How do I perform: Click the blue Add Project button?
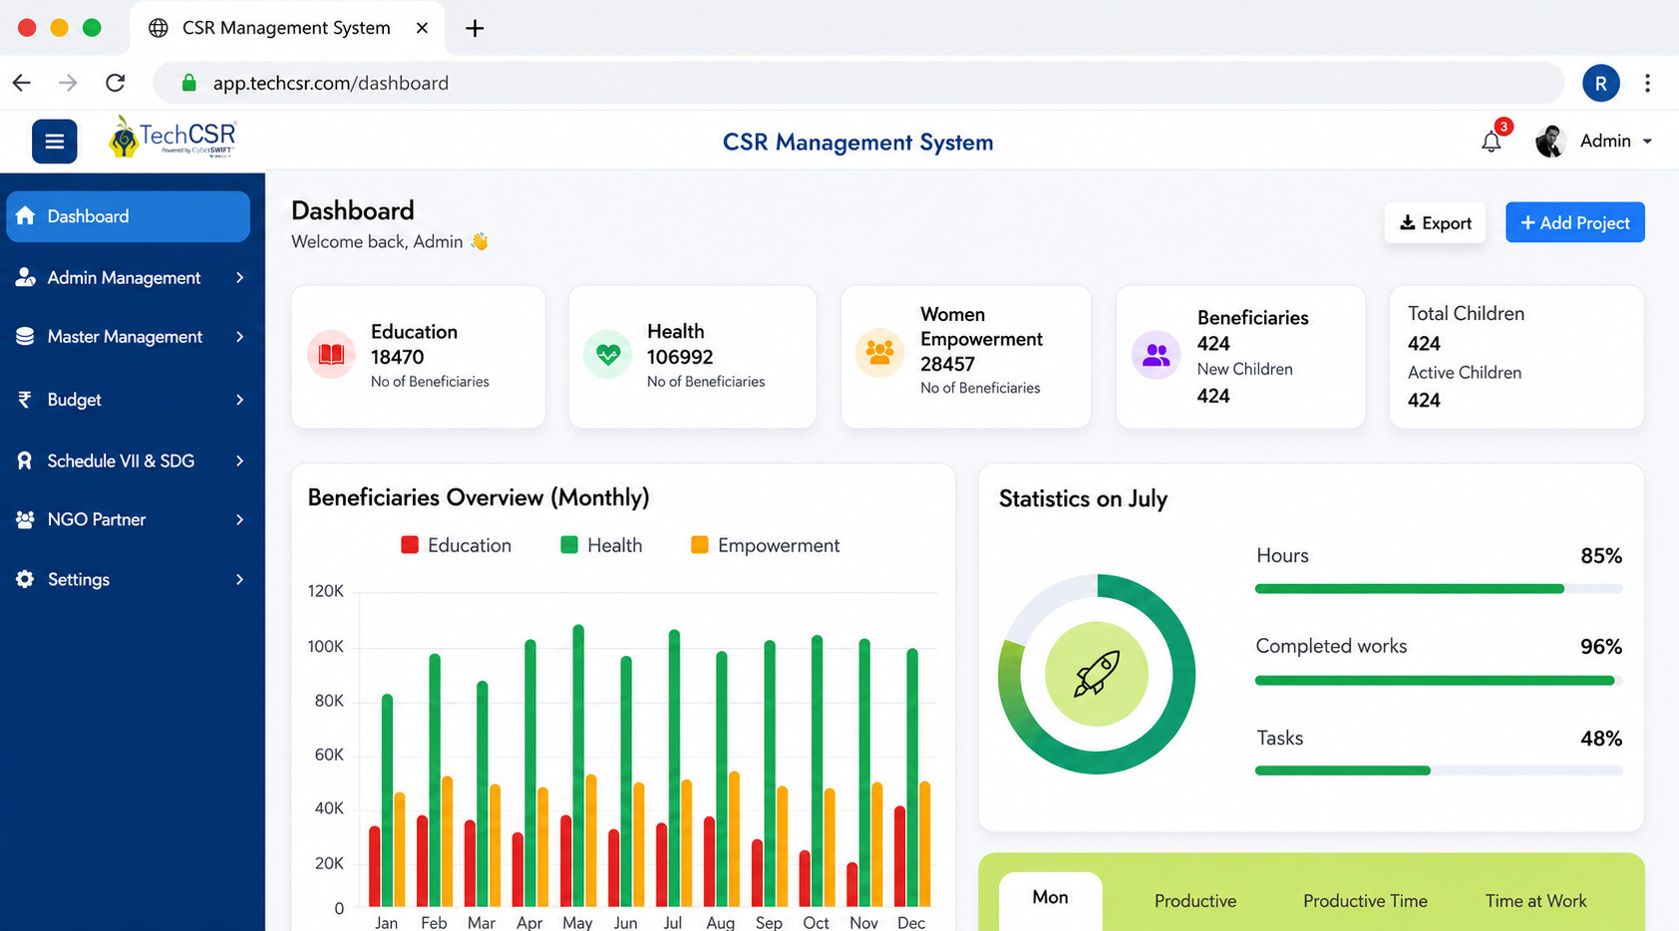pos(1575,222)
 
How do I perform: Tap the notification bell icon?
pos(1492,141)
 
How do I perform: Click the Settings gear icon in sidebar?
pos(25,579)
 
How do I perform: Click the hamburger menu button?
pos(54,141)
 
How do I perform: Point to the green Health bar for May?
pos(578,766)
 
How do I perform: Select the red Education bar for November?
pos(852,884)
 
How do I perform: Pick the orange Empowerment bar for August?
pos(734,839)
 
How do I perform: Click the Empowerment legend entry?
pos(766,545)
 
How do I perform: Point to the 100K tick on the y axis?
pos(325,646)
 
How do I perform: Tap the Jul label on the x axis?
pos(672,923)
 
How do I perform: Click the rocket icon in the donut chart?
pos(1097,673)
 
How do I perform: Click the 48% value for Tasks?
pos(1601,739)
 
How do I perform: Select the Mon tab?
pos(1050,898)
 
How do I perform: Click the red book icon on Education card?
pos(331,354)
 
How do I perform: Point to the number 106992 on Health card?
pos(680,357)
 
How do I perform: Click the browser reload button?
pos(115,83)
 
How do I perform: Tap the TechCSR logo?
pos(172,138)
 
